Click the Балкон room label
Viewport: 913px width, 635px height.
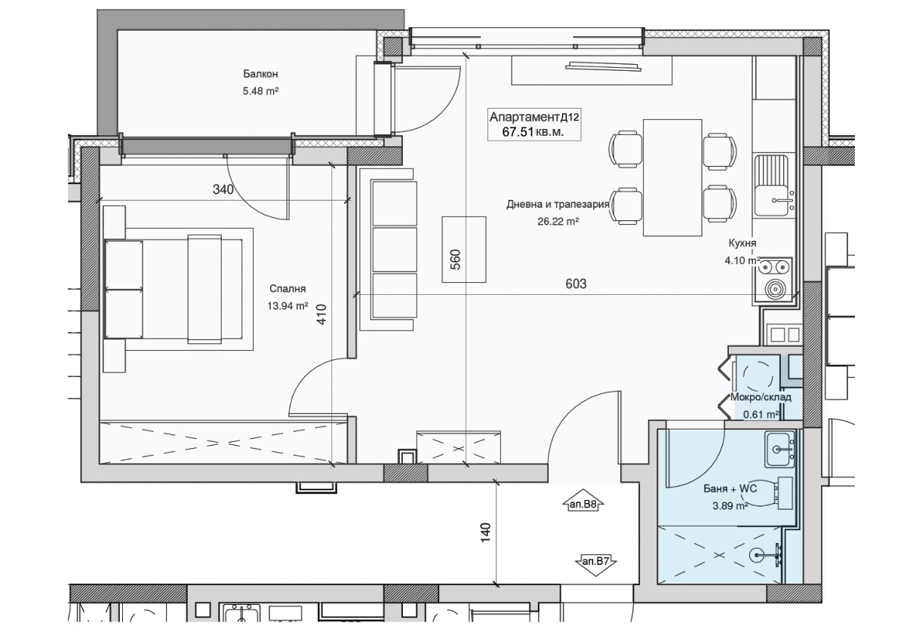click(x=260, y=74)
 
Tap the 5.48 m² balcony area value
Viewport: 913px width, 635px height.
click(x=260, y=91)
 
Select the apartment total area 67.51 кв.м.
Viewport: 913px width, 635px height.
click(x=533, y=133)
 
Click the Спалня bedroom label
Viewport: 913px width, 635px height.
click(x=287, y=289)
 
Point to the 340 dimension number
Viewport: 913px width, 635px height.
click(x=223, y=189)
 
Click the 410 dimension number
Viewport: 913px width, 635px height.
click(x=321, y=314)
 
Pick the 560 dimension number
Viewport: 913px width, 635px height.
click(x=455, y=259)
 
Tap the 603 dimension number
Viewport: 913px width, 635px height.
click(x=576, y=284)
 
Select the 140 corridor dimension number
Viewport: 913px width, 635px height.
click(x=485, y=532)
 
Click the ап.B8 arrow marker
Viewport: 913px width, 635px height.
click(x=583, y=502)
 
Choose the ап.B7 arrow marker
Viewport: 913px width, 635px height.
click(x=595, y=565)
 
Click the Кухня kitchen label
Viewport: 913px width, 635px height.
click(x=742, y=243)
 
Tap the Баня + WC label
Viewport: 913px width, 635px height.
click(x=730, y=489)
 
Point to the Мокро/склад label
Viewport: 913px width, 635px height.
click(x=761, y=397)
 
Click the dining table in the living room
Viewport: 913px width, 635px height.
click(x=672, y=177)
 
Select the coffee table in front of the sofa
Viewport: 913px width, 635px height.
click(x=464, y=250)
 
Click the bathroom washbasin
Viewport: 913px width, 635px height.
click(x=779, y=449)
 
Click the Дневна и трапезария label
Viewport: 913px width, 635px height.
click(x=558, y=204)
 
